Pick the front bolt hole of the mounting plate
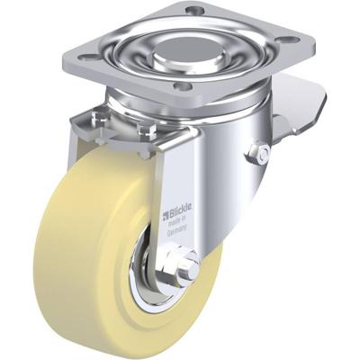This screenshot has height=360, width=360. coord(184,87)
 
